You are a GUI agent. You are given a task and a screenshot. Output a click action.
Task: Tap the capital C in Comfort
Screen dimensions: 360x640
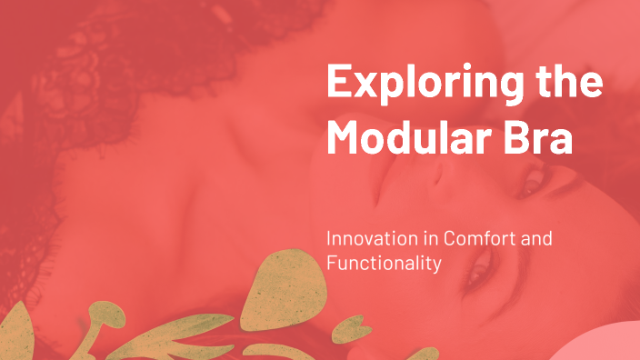(451, 239)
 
